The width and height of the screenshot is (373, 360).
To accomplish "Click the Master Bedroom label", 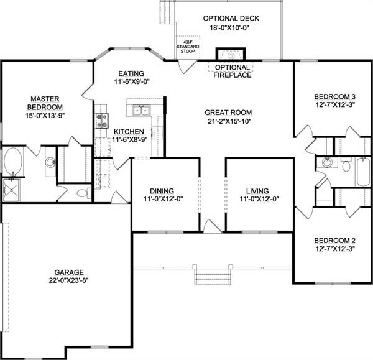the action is click(45, 103).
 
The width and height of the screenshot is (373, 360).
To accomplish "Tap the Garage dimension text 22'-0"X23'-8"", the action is click(69, 280).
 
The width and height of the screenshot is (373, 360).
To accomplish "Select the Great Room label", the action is click(228, 113).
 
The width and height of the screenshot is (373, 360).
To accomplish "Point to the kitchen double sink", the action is click(141, 111).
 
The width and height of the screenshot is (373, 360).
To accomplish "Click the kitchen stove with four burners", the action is click(102, 121).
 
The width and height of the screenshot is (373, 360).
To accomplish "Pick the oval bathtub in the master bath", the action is click(13, 161).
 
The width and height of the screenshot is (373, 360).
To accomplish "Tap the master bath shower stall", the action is click(11, 190).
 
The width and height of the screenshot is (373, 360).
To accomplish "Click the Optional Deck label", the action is click(231, 18).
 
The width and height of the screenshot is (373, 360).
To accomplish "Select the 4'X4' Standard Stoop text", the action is click(188, 47).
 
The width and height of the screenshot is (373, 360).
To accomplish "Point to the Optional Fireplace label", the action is click(233, 71).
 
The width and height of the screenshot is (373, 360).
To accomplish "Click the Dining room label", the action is click(162, 191).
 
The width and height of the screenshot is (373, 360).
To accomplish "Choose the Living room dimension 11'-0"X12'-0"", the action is click(259, 199).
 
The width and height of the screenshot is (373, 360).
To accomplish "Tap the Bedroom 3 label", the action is click(334, 96).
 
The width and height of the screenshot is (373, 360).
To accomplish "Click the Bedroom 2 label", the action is click(334, 241).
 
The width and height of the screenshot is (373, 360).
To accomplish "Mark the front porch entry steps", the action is click(213, 277).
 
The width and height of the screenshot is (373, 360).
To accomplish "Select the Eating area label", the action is click(131, 73).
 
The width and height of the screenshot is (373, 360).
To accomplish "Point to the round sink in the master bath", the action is click(50, 162).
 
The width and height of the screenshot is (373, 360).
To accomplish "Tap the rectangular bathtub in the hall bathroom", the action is click(363, 172).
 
